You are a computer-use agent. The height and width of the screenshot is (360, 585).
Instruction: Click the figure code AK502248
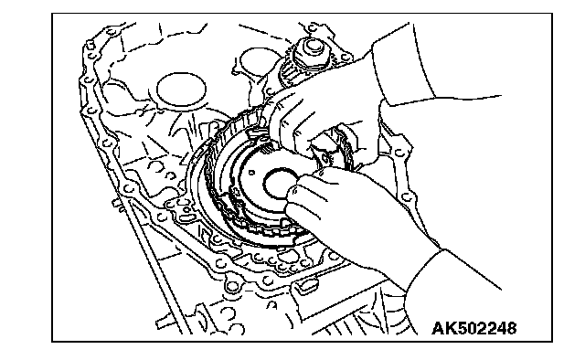[x=474, y=328]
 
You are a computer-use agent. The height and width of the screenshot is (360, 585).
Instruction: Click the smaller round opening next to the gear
[x=258, y=61]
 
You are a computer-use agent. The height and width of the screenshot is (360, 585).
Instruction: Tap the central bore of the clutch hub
[x=281, y=184]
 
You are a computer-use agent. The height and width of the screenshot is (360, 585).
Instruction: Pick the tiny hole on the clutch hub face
[x=252, y=173]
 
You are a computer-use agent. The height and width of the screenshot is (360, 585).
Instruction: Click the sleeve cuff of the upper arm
[x=403, y=67]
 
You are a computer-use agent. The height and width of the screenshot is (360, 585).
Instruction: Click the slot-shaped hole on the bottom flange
[x=308, y=284]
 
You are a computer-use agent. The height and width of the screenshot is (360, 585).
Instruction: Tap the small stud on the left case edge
[x=116, y=204]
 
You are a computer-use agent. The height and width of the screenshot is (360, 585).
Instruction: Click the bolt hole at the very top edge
[x=313, y=27]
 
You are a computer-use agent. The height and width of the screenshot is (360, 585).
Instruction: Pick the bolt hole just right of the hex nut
[x=346, y=58]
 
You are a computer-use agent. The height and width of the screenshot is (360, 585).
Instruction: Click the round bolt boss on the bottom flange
[x=232, y=287]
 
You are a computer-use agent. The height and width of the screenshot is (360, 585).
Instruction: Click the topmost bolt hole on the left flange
[x=90, y=47]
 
